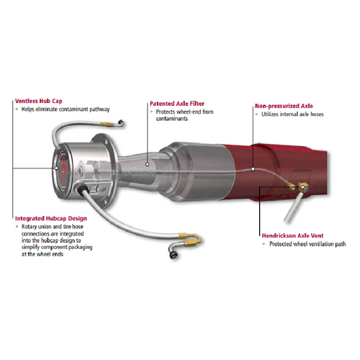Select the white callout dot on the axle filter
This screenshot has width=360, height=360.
click(149, 164)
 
